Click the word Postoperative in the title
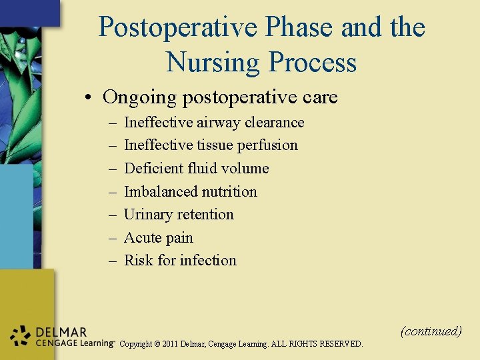177,27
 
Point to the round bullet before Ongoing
89,98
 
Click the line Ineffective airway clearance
214,122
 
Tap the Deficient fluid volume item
197,168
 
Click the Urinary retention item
179,214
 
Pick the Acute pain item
159,237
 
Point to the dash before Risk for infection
112,261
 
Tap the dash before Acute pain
112,238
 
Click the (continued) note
431,331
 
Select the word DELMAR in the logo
61,332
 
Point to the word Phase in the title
301,27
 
